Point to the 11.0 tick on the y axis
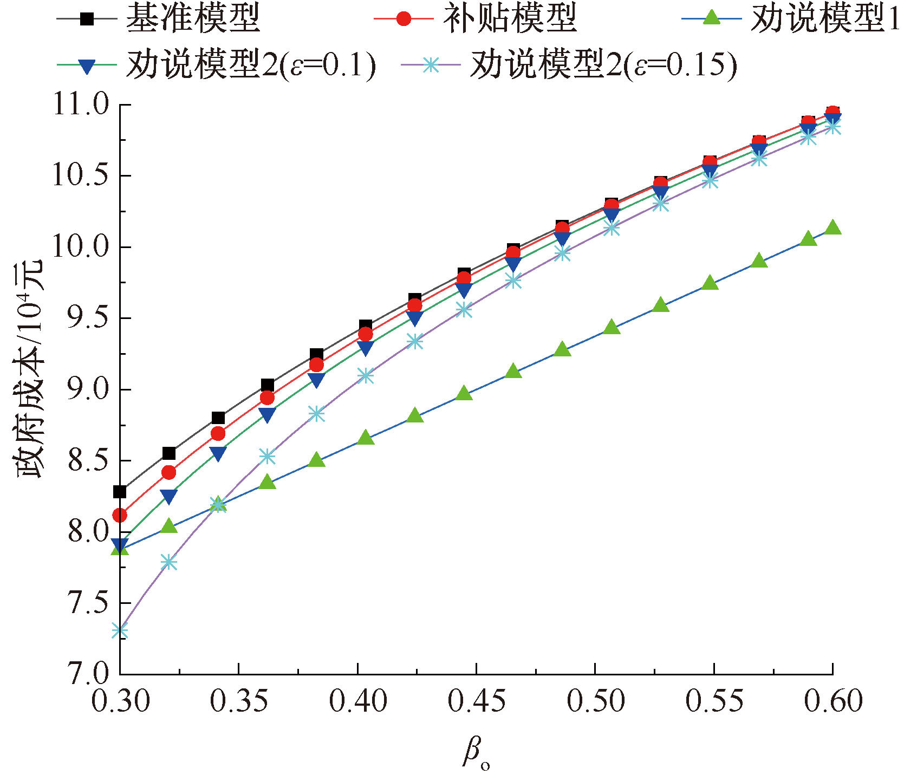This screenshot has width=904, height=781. [80, 105]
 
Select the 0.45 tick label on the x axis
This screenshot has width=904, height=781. [476, 702]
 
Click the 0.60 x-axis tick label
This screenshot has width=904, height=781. [833, 702]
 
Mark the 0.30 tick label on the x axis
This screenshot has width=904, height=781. [120, 702]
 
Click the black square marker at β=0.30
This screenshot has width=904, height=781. [120, 492]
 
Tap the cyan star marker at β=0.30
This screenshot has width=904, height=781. [120, 630]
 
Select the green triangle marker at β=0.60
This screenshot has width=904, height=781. [833, 227]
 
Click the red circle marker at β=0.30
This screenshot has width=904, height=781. [120, 515]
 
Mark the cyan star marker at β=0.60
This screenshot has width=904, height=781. [833, 127]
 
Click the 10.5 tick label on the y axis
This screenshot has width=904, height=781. [80, 176]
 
